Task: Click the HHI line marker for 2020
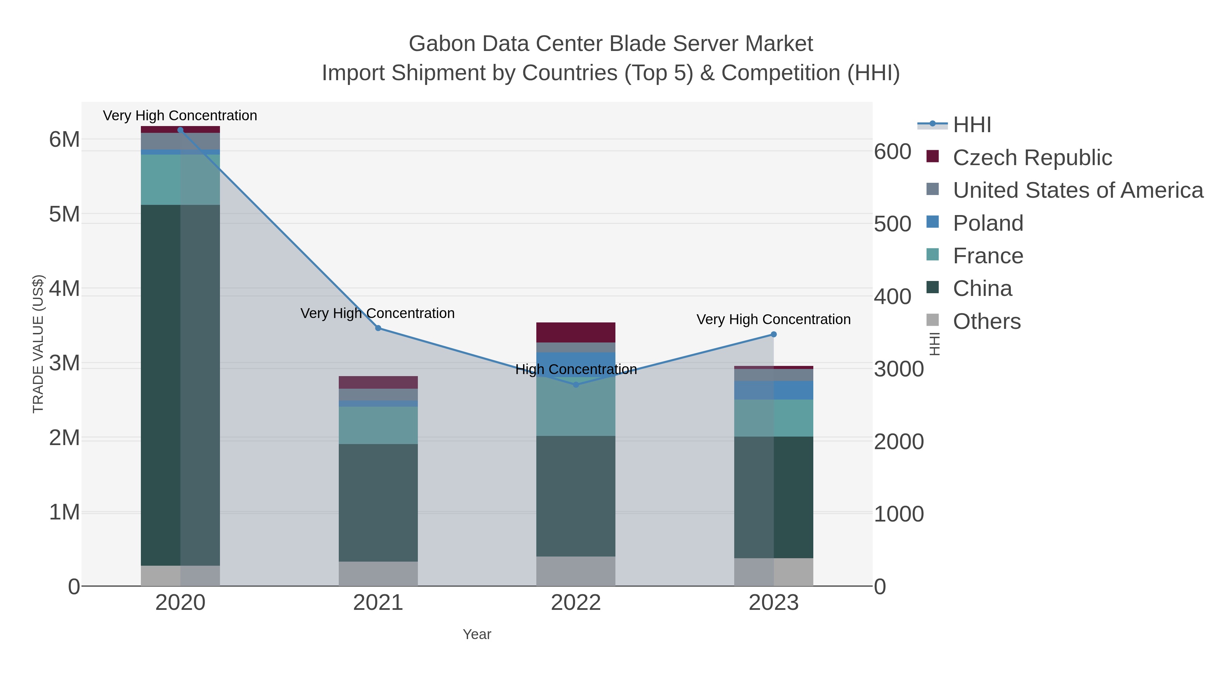pyautogui.click(x=180, y=130)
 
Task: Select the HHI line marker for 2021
pyautogui.click(x=378, y=328)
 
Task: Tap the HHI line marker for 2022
pyautogui.click(x=576, y=385)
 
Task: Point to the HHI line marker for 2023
pyautogui.click(x=774, y=334)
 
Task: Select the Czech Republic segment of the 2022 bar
pyautogui.click(x=576, y=332)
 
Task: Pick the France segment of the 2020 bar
pyautogui.click(x=180, y=179)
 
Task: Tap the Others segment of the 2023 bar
pyautogui.click(x=774, y=572)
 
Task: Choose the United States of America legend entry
pyautogui.click(x=1077, y=190)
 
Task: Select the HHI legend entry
pyautogui.click(x=971, y=124)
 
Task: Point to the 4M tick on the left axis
pyautogui.click(x=64, y=288)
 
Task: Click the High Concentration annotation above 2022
pyautogui.click(x=576, y=369)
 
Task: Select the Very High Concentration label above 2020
pyautogui.click(x=180, y=116)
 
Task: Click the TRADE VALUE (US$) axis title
pyautogui.click(x=38, y=344)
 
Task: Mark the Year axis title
pyautogui.click(x=477, y=634)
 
